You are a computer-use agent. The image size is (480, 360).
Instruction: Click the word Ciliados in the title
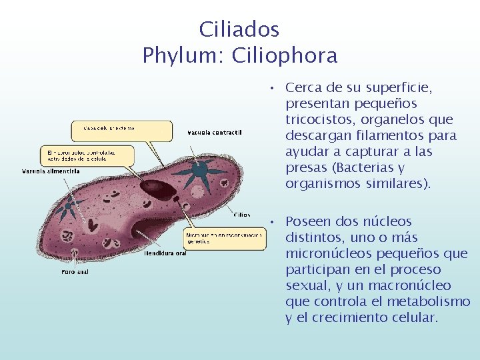click(239, 29)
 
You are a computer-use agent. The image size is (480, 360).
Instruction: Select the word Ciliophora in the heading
click(285, 55)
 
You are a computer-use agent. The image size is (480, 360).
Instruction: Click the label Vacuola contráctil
click(214, 132)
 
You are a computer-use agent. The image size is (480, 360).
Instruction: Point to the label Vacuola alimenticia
click(51, 171)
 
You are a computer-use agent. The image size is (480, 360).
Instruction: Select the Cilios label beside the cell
click(242, 215)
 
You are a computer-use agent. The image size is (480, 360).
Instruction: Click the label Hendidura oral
click(165, 253)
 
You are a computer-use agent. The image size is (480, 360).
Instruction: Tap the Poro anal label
click(75, 272)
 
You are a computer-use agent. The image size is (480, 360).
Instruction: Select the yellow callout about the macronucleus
click(87, 156)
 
